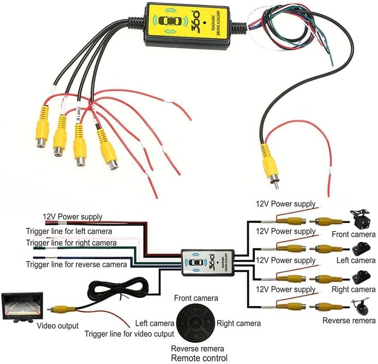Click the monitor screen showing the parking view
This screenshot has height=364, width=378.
[x=22, y=305]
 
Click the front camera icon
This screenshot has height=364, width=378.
[x=360, y=219]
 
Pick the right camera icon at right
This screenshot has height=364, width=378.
[x=361, y=277]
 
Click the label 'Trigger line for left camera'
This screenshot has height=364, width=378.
[x=69, y=231]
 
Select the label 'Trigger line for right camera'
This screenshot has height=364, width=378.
[x=71, y=243]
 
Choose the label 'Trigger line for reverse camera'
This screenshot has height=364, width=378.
[x=76, y=264]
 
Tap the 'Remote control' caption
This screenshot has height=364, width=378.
[x=199, y=358]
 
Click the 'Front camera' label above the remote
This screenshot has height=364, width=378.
[x=196, y=298]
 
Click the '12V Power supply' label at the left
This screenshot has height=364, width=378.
[x=72, y=217]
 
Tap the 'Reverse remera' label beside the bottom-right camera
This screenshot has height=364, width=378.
[x=349, y=320]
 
